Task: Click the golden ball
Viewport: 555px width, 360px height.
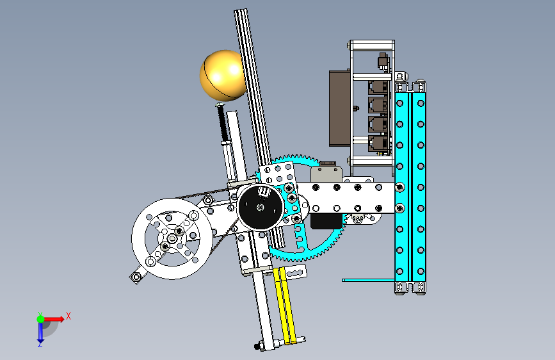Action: click(x=222, y=76)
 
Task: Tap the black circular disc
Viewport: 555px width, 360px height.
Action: click(x=261, y=208)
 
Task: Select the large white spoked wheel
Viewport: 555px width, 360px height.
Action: click(x=172, y=238)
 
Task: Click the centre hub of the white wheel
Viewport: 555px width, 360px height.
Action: click(x=172, y=239)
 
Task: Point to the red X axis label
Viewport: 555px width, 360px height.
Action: click(x=68, y=316)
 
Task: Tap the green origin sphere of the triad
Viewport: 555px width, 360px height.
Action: click(x=40, y=319)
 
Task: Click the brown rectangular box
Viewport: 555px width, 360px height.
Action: click(x=339, y=108)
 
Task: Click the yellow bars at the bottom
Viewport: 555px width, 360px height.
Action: click(x=285, y=306)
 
